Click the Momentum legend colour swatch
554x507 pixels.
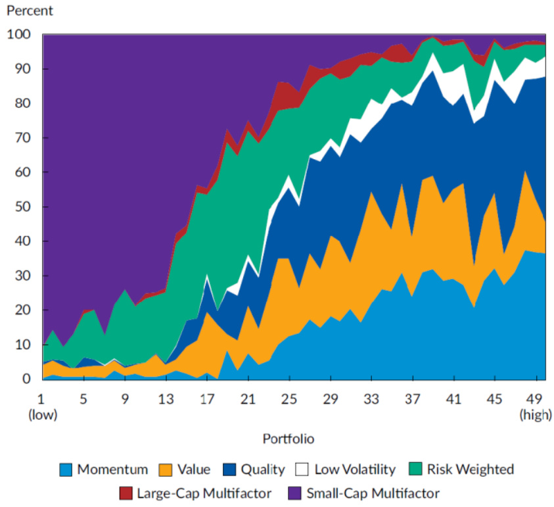click(x=66, y=470)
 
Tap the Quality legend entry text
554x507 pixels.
click(x=262, y=470)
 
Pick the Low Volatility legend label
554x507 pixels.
click(x=355, y=470)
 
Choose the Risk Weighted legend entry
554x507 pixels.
click(x=470, y=470)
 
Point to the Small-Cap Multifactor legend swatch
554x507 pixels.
click(x=294, y=493)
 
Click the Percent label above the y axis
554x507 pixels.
click(x=30, y=11)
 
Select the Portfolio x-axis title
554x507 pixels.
click(x=288, y=437)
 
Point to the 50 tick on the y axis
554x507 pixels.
click(x=25, y=206)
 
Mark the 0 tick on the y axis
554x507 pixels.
click(x=28, y=379)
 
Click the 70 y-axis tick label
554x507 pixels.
click(x=25, y=137)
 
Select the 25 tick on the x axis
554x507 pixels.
click(x=287, y=398)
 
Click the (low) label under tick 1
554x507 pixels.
click(x=42, y=414)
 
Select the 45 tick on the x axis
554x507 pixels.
click(x=494, y=398)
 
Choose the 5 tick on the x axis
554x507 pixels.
click(x=83, y=398)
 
